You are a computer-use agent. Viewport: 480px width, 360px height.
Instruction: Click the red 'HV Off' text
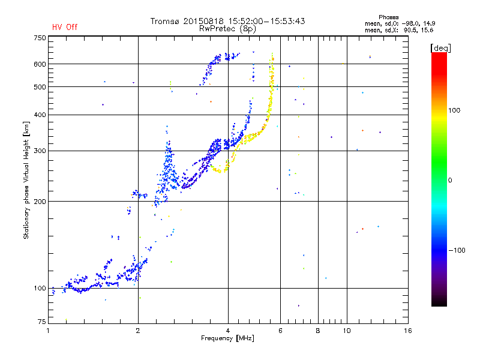[x=64, y=27]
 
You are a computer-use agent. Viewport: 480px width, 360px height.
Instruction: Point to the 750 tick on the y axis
[x=40, y=38]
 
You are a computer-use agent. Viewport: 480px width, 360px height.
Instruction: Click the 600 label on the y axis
[x=40, y=64]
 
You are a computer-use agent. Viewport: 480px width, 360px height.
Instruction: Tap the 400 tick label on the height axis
[x=40, y=115]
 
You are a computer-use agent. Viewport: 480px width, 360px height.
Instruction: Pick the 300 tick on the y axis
[x=40, y=151]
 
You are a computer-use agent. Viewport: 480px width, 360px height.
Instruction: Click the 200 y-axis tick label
[x=40, y=202]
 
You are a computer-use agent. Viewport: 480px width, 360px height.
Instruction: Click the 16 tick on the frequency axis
[x=408, y=331]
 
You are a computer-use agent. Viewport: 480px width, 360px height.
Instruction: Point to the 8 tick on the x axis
[x=318, y=331]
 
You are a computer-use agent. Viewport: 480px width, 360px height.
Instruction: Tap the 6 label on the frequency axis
[x=281, y=331]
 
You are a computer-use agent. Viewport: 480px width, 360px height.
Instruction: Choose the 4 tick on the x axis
[x=228, y=331]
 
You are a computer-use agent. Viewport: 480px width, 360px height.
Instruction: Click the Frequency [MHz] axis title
[x=228, y=339]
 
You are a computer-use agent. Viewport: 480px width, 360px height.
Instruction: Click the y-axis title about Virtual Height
[x=26, y=180]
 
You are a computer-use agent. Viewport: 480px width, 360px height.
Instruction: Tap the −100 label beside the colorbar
[x=458, y=250]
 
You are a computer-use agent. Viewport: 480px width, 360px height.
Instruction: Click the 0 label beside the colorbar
[x=452, y=180]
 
